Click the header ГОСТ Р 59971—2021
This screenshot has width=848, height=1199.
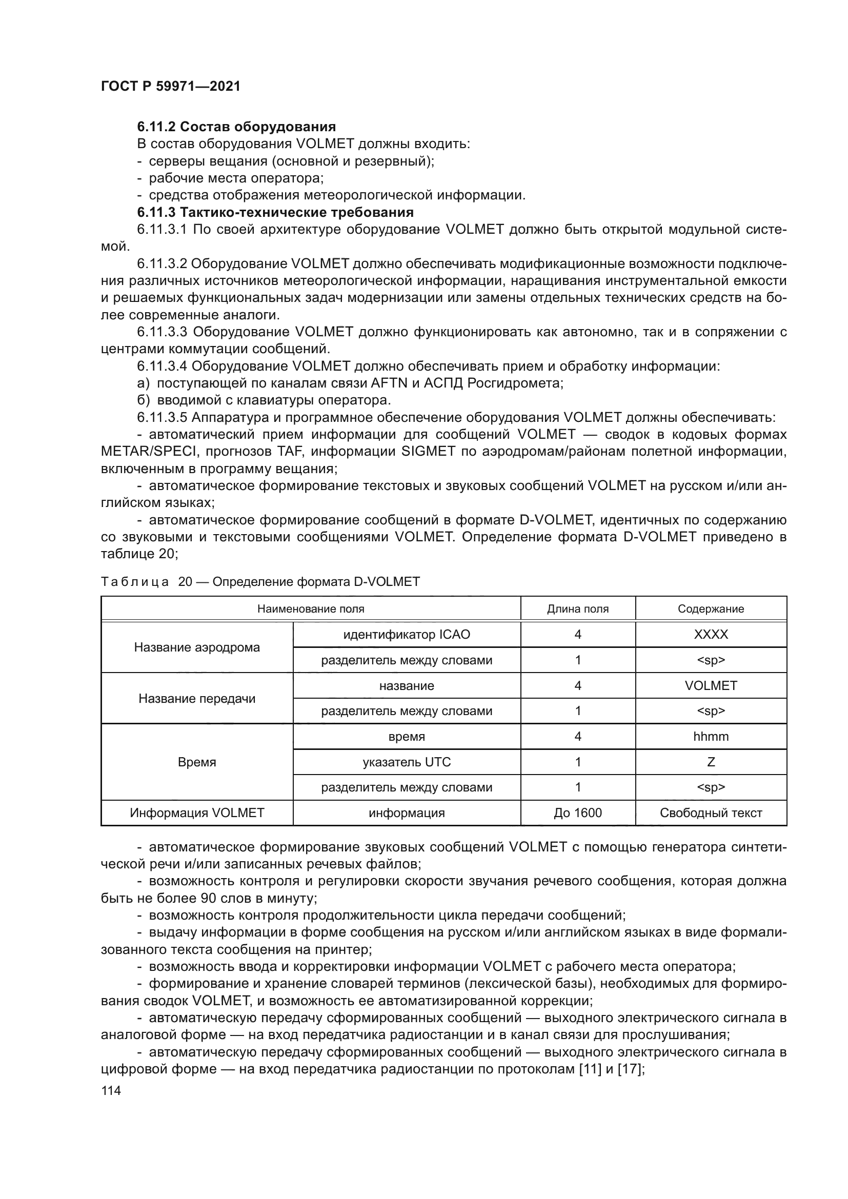[x=170, y=87]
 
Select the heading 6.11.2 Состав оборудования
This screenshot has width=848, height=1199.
[x=236, y=127]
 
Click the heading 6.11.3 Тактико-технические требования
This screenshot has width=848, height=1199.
[x=275, y=212]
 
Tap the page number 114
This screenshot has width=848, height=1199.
[x=111, y=1090]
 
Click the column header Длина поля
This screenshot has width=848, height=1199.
[x=577, y=609]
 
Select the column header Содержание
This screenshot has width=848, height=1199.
[x=711, y=609]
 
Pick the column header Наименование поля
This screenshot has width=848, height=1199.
[x=311, y=609]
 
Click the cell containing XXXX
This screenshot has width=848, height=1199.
[x=711, y=635]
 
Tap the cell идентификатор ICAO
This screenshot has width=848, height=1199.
[x=406, y=635]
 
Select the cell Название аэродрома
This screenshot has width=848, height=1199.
[x=197, y=647]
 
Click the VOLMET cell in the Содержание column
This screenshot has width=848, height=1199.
[x=711, y=686]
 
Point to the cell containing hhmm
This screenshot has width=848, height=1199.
[x=711, y=737]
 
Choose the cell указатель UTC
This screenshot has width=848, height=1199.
[x=406, y=762]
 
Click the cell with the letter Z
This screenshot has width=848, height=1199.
[x=711, y=762]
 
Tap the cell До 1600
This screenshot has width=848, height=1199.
[x=577, y=813]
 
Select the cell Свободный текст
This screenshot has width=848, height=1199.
[x=711, y=813]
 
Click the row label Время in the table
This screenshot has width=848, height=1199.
[x=197, y=762]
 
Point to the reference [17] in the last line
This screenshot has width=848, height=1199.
[x=629, y=1069]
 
